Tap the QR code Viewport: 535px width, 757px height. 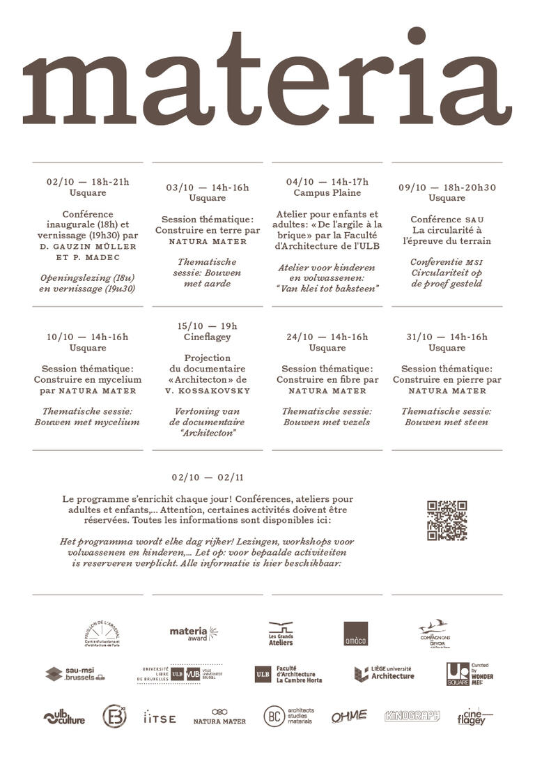pos(447,521)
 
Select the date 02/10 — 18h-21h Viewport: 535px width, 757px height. pos(88,182)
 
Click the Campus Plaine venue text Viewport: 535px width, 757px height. pos(327,192)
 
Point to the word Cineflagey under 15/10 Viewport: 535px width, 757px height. pos(207,337)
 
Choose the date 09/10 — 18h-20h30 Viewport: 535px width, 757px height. pos(447,188)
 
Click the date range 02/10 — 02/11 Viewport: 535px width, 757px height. pos(208,477)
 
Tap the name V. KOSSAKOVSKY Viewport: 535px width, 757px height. pos(207,390)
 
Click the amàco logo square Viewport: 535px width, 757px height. pos(355,634)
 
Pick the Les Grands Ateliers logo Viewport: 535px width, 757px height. pos(281,634)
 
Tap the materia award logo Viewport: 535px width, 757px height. pos(193,634)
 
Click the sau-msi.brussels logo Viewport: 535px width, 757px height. pos(75,674)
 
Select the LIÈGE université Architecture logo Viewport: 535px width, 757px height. pos(384,673)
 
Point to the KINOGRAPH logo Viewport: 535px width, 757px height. pos(412,716)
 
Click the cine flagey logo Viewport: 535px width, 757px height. pos(474,717)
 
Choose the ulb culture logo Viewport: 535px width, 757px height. pos(64,717)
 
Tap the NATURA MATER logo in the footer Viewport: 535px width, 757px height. pos(219,717)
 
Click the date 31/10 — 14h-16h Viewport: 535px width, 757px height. pos(447,337)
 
